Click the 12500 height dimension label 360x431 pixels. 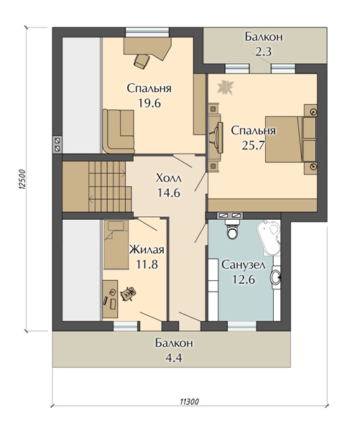[22, 179]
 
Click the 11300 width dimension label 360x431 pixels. [190, 402]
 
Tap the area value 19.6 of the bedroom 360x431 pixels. [149, 103]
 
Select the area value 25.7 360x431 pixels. [253, 145]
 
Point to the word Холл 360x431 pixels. [169, 178]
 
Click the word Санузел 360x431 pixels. [244, 265]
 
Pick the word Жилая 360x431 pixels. [147, 250]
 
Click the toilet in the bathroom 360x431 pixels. [232, 230]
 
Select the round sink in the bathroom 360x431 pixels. [276, 277]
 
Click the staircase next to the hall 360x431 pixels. [110, 186]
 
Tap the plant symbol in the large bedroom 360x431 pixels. [225, 87]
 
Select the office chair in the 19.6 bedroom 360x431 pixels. [142, 60]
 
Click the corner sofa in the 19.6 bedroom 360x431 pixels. [119, 131]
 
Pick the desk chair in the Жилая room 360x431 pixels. [128, 293]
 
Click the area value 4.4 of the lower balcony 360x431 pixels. [174, 358]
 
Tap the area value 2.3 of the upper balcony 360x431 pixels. [264, 52]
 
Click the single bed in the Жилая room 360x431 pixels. [116, 244]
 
